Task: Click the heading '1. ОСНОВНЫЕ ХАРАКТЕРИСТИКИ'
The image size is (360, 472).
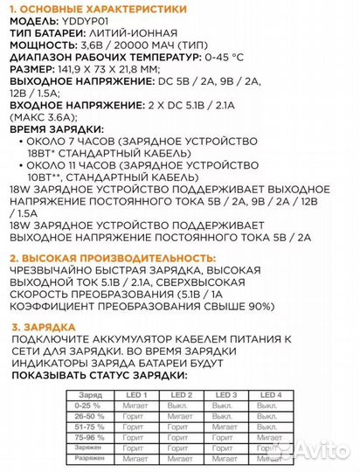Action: click(x=95, y=8)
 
